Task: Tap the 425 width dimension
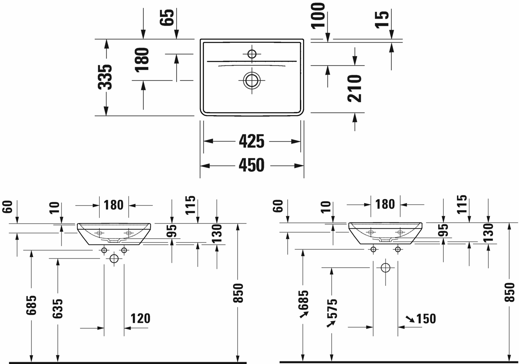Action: click(252, 141)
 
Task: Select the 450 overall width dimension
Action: click(252, 165)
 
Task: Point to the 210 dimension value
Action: click(354, 88)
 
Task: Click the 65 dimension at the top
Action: click(167, 17)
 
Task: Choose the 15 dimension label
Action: click(382, 20)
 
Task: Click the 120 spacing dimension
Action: click(141, 318)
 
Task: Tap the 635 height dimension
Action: click(57, 308)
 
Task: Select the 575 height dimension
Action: click(332, 308)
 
